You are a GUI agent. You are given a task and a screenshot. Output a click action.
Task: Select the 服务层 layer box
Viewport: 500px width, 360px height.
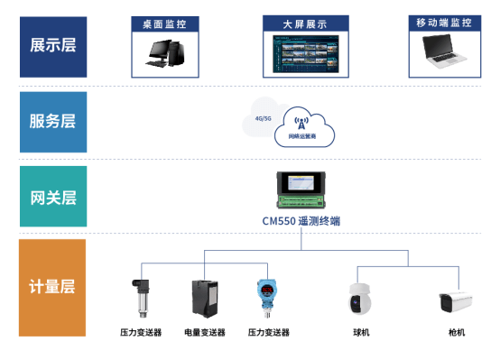point(53,122)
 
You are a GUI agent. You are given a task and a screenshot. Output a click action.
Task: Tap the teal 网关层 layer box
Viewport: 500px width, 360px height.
point(53,195)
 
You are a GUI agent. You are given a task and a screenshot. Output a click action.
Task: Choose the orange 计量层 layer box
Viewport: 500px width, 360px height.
point(53,288)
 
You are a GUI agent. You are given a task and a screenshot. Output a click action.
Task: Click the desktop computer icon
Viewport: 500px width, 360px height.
point(164,56)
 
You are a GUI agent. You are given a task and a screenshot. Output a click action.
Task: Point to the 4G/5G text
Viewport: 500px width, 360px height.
point(264,118)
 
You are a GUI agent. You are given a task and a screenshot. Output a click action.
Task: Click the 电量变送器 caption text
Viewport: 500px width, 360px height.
point(205,333)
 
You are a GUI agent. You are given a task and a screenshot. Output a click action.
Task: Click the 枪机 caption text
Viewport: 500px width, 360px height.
point(457,333)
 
